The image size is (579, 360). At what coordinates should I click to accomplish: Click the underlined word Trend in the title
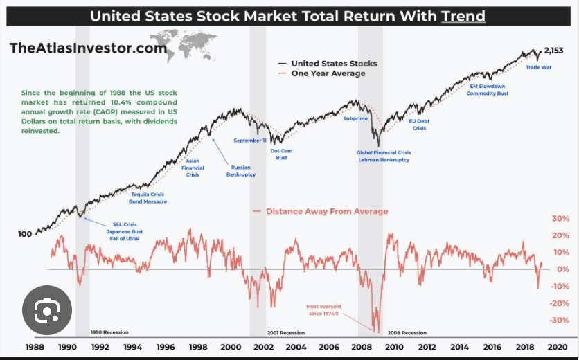click(x=463, y=16)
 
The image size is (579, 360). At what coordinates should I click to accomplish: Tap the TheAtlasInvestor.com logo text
click(x=88, y=48)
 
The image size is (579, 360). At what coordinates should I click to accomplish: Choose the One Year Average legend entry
click(x=328, y=73)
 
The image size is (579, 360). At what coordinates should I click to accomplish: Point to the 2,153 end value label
click(x=555, y=51)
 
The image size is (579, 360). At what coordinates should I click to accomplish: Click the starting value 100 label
click(x=25, y=234)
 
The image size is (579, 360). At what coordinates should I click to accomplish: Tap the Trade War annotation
click(x=539, y=67)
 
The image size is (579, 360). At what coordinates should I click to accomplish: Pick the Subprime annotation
click(x=356, y=119)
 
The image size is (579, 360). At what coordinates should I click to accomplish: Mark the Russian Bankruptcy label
click(x=241, y=170)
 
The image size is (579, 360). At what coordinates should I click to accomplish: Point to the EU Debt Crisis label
click(x=420, y=124)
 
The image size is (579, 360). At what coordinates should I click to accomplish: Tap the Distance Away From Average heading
click(x=326, y=211)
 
